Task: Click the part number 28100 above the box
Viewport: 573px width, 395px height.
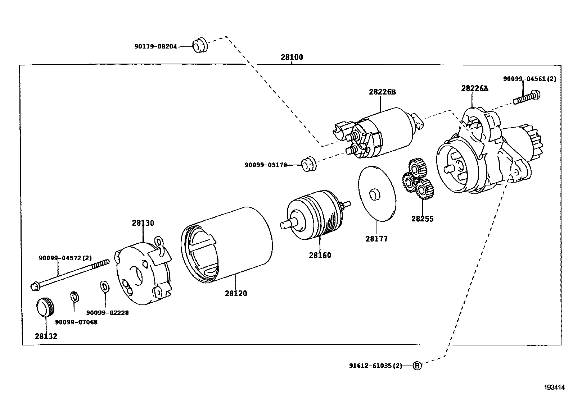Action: pyautogui.click(x=292, y=57)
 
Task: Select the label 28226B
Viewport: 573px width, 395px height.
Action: pyautogui.click(x=382, y=92)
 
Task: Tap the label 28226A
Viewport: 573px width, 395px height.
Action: pyautogui.click(x=475, y=88)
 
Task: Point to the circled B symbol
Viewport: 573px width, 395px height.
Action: pyautogui.click(x=417, y=366)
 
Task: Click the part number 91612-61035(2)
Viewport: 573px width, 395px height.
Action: pyautogui.click(x=375, y=366)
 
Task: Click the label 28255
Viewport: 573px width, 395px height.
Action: pyautogui.click(x=423, y=219)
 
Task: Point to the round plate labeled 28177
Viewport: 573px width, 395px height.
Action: pyautogui.click(x=376, y=193)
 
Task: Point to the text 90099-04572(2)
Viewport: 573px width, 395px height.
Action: pyautogui.click(x=65, y=258)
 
